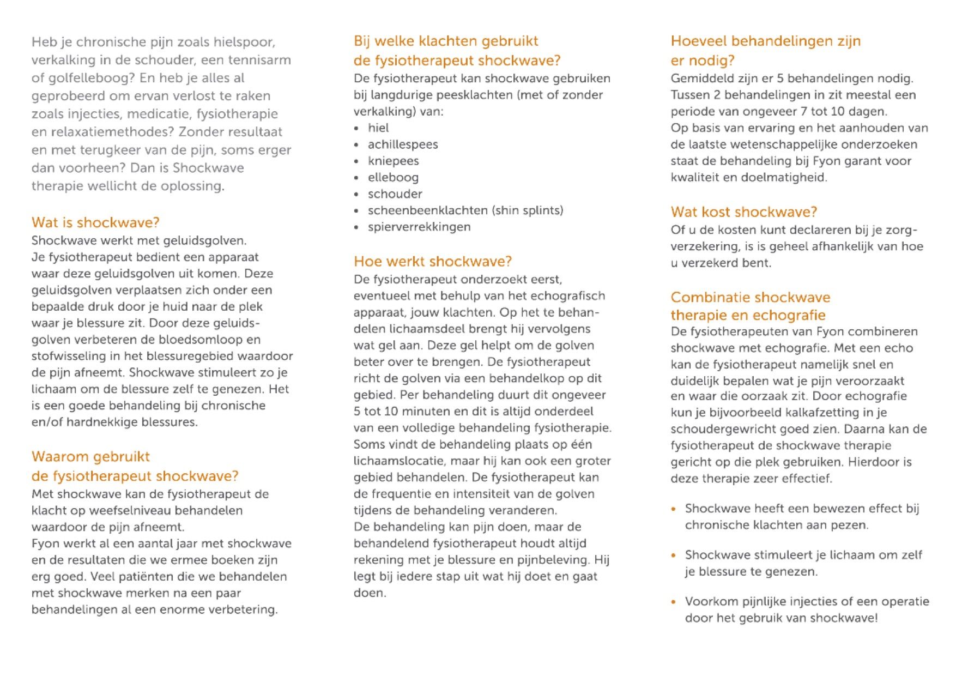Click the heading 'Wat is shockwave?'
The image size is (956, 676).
(95, 222)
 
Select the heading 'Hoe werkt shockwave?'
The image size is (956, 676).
(433, 262)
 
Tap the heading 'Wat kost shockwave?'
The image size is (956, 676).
(743, 212)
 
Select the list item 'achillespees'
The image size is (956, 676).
(403, 144)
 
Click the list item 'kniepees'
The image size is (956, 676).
(393, 161)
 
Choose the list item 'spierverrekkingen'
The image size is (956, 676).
(419, 227)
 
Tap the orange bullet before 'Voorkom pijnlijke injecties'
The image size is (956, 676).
(674, 602)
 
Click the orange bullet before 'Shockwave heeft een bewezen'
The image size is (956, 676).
(674, 509)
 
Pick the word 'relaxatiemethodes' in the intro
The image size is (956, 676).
(111, 132)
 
